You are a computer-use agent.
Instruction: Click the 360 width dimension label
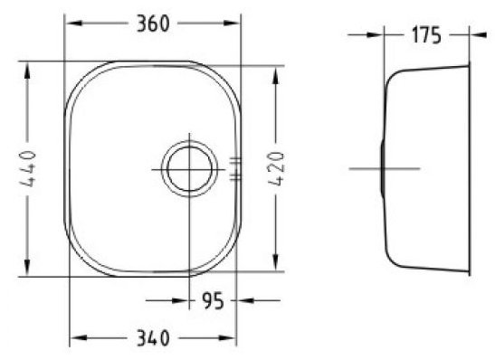pos(153,24)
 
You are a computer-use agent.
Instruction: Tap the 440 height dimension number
pos(27,169)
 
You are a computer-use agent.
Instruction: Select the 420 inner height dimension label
pos(276,169)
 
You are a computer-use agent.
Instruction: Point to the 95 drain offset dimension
pos(213,301)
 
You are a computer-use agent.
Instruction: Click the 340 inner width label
pos(153,338)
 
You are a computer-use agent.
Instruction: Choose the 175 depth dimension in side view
pos(426,35)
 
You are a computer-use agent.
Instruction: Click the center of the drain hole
pos(189,169)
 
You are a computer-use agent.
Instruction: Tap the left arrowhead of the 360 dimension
pos(75,23)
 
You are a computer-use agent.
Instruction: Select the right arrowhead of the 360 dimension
pos(231,23)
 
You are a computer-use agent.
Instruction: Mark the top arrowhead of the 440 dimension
pos(27,71)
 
